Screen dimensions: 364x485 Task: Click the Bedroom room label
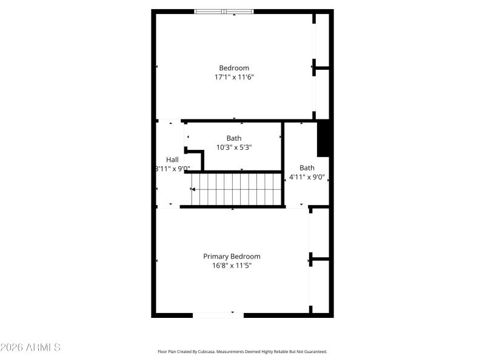(233, 68)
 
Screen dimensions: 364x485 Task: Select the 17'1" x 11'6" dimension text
(233, 77)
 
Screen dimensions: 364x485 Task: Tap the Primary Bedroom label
(232, 256)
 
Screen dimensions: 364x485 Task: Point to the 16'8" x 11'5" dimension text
(232, 265)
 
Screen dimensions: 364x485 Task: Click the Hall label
(172, 160)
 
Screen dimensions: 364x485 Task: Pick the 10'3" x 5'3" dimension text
(233, 147)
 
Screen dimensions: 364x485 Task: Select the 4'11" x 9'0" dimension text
(307, 178)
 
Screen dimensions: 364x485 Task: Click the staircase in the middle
(237, 189)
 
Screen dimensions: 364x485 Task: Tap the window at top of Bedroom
(224, 11)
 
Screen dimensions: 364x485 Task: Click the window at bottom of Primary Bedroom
(218, 314)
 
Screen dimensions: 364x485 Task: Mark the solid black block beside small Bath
(323, 138)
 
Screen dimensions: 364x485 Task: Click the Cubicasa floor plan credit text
(242, 351)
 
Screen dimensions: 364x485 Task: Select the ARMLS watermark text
(30, 348)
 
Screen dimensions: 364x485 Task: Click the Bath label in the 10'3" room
(233, 138)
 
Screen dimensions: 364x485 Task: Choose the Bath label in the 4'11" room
(307, 168)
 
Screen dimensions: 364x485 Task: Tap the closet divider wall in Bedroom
(321, 67)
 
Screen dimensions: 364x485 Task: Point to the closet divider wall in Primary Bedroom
(319, 259)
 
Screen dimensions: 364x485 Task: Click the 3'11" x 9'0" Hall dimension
(172, 169)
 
